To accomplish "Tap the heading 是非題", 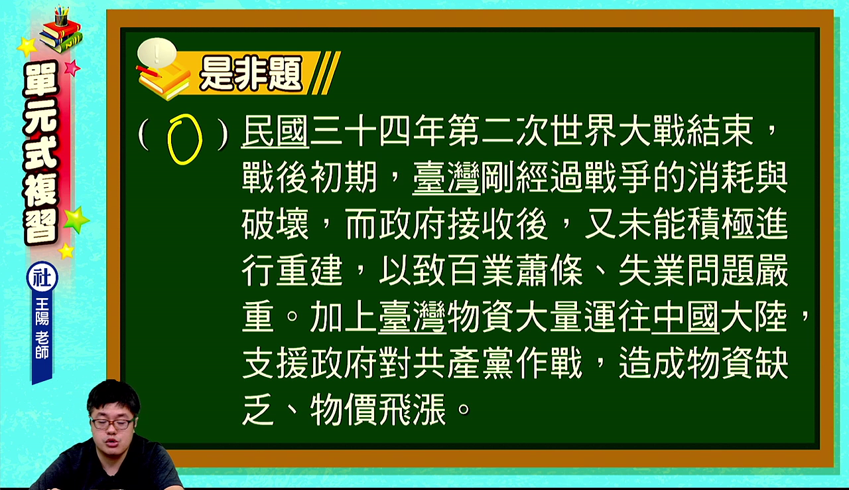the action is point(251,74).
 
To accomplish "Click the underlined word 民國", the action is point(275,131).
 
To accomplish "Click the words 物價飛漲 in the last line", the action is point(378,410).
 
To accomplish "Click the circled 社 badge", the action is point(42,278).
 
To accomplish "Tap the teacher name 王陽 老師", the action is point(42,329).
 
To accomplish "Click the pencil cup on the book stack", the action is point(62,15).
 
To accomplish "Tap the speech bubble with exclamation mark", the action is point(157,52).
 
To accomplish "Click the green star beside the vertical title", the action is point(76,220).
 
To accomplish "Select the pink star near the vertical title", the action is point(72,68).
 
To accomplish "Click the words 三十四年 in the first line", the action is point(378,131).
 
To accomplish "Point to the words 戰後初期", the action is point(310,178).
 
